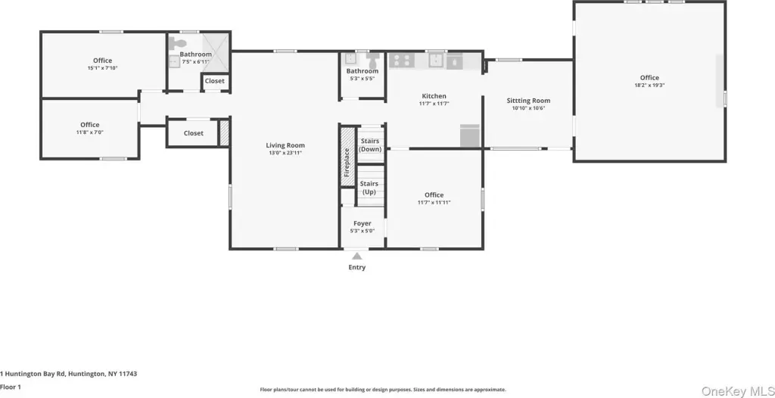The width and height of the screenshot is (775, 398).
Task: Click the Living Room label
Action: point(285,145)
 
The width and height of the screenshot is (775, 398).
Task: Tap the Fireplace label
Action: point(347,163)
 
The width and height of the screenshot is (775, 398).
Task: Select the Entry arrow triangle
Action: point(357,256)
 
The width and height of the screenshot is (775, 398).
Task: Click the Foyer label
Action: point(363,224)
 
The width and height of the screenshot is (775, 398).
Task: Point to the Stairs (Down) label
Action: point(370,145)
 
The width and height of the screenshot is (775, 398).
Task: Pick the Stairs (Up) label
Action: point(369,188)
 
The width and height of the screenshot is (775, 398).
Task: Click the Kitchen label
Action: point(434,96)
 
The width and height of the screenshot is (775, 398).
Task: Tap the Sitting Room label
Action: point(528,101)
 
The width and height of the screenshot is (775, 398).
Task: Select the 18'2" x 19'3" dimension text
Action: point(649,85)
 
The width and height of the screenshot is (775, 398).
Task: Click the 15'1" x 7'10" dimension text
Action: point(103,68)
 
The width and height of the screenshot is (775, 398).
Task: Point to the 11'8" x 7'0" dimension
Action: point(90,132)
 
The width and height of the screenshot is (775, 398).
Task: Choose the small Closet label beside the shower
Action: point(214,81)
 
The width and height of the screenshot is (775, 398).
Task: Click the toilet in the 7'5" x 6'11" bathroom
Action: point(175,42)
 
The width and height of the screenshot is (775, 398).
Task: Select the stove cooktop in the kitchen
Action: point(401,61)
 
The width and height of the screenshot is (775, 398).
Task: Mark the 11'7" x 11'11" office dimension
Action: point(434,203)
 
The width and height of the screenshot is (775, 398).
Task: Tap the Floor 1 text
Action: point(11,387)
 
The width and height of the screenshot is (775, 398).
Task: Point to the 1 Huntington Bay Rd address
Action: point(69,374)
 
